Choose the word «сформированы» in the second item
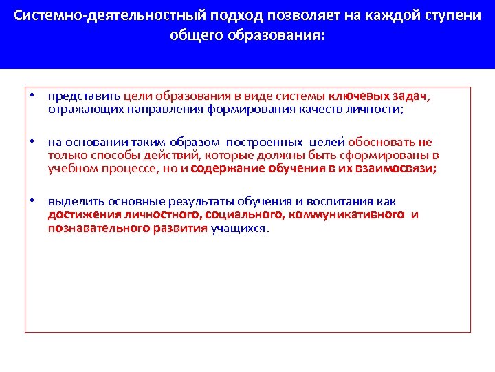pos(389,155)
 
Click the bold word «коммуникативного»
pos(346,215)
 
